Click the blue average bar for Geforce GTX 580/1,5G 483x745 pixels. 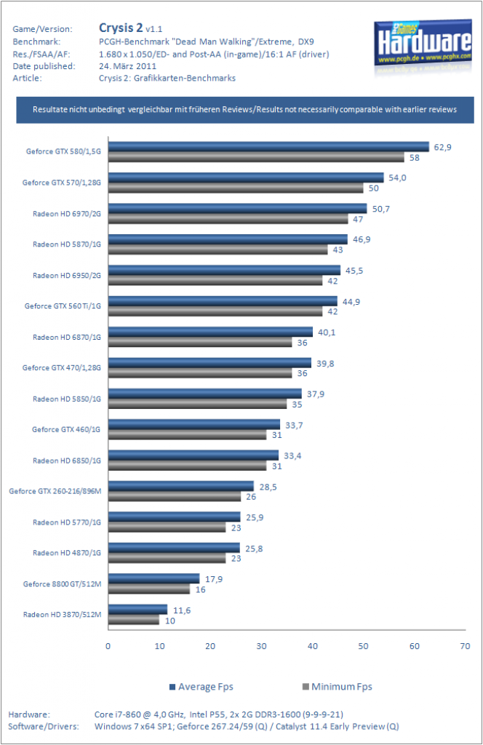point(268,147)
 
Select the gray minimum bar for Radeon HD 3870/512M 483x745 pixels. point(133,620)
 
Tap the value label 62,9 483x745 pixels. point(442,147)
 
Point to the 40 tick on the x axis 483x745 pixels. point(313,646)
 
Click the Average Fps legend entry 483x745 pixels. point(201,687)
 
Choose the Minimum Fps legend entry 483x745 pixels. point(338,687)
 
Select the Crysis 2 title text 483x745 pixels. point(121,28)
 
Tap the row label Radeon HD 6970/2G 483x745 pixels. point(67,214)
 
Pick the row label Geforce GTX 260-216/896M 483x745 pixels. point(55,491)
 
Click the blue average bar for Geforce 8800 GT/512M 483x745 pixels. point(154,578)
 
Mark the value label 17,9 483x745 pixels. point(214,579)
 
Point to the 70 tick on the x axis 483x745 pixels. point(465,646)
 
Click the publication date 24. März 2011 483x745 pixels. point(127,66)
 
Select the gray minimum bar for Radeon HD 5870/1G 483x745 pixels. point(218,250)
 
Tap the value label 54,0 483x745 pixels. point(397,178)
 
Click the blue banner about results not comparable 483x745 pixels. point(245,110)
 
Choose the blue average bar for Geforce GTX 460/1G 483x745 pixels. point(194,424)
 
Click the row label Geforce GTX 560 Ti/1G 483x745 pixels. point(63,306)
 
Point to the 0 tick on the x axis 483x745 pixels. point(108,646)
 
